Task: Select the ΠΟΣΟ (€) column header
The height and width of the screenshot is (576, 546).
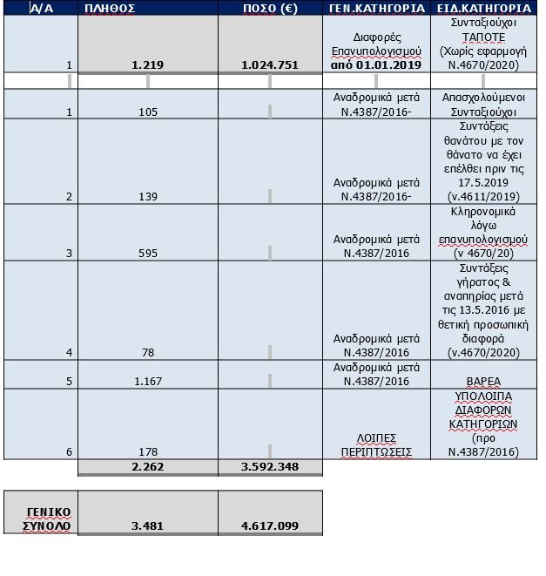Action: (269, 9)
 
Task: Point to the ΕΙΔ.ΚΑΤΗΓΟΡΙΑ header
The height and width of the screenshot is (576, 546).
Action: (485, 9)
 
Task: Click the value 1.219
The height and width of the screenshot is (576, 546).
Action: (147, 65)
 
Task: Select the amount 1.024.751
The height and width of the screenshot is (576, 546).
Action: (269, 65)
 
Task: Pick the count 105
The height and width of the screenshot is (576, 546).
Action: (147, 112)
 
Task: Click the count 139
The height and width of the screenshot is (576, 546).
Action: (147, 197)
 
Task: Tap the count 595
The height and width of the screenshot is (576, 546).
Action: (147, 254)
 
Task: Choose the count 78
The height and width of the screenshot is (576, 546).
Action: (147, 352)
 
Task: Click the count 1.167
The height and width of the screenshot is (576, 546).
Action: (147, 381)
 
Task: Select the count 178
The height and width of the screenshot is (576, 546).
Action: (147, 452)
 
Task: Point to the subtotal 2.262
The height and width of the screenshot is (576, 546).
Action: (147, 467)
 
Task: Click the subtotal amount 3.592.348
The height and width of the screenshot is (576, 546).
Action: (269, 467)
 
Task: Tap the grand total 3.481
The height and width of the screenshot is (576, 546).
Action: (147, 525)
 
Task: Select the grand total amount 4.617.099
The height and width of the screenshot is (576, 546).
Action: (269, 525)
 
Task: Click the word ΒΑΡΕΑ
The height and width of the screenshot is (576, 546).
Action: (485, 381)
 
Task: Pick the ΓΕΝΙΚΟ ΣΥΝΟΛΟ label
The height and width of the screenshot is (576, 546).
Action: (40, 518)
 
